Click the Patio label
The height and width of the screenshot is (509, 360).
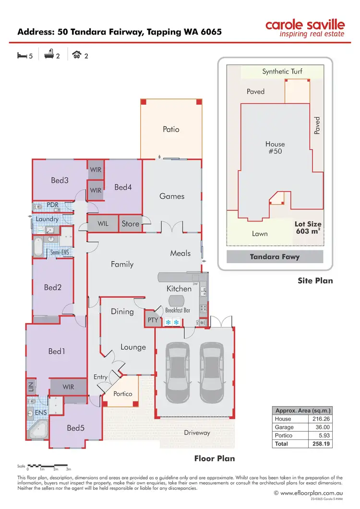[x=171, y=129]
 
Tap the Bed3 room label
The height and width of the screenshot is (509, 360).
[x=60, y=181]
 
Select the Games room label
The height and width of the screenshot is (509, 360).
[x=172, y=196]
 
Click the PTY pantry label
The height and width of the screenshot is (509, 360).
[x=153, y=319]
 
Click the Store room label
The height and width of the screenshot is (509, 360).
[x=130, y=224]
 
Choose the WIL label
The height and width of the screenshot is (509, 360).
[x=103, y=224]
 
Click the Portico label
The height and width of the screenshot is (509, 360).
[x=122, y=394]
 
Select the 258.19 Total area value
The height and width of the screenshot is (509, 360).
[x=319, y=444]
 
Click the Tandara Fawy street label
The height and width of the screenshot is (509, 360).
[x=275, y=257]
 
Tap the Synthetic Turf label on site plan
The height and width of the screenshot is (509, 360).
[x=282, y=72]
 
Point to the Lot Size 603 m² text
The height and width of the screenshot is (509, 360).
[x=308, y=228]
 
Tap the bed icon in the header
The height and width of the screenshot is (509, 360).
[x=22, y=56]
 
